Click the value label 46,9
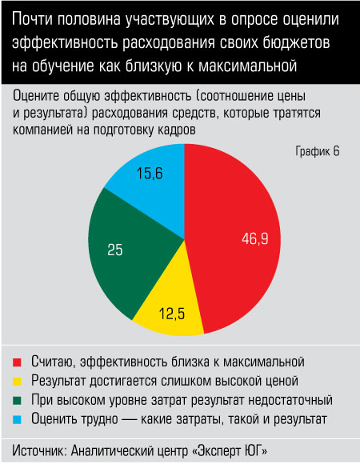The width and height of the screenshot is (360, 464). pyautogui.click(x=255, y=238)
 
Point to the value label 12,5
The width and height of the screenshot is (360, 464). pyautogui.click(x=172, y=314)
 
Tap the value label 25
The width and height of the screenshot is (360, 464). pyautogui.click(x=114, y=250)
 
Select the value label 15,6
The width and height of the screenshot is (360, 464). pyautogui.click(x=150, y=174)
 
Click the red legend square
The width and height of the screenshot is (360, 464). pyautogui.click(x=17, y=362)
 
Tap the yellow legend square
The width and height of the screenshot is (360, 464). pyautogui.click(x=17, y=382)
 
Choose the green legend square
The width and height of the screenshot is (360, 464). pyautogui.click(x=17, y=400)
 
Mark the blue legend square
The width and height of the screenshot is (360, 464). pyautogui.click(x=17, y=420)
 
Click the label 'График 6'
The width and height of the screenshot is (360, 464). pyautogui.click(x=318, y=151)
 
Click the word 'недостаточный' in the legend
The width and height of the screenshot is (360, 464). pyautogui.click(x=290, y=400)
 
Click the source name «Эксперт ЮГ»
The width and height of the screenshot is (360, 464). pyautogui.click(x=230, y=450)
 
